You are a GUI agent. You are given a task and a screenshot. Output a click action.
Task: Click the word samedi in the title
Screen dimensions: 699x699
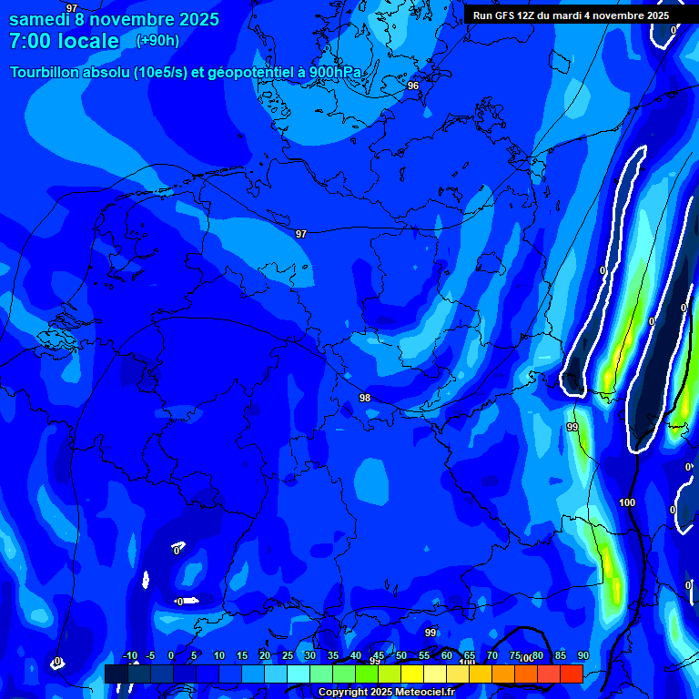[x=39, y=19]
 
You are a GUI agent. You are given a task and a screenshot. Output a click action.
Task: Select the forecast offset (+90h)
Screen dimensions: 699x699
[x=157, y=40]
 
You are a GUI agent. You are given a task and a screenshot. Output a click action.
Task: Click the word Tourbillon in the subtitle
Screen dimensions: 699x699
[x=50, y=72]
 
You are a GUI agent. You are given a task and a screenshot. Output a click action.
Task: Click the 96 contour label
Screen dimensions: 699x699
[x=413, y=86]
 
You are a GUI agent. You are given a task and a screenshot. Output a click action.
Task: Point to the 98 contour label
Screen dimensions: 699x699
[x=365, y=398]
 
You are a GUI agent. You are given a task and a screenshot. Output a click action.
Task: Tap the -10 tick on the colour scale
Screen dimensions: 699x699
[x=129, y=656]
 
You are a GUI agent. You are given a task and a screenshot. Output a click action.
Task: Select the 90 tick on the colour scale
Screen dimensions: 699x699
[x=582, y=656]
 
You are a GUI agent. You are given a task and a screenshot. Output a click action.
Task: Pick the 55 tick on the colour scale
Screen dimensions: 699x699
[x=424, y=656]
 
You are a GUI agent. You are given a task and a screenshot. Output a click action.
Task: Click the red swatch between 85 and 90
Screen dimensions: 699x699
[x=571, y=674]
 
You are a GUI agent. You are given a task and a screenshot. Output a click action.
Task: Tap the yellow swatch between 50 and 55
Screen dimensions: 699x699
[x=411, y=674]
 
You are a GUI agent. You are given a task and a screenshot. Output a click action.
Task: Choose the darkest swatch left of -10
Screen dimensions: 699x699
[x=116, y=674]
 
